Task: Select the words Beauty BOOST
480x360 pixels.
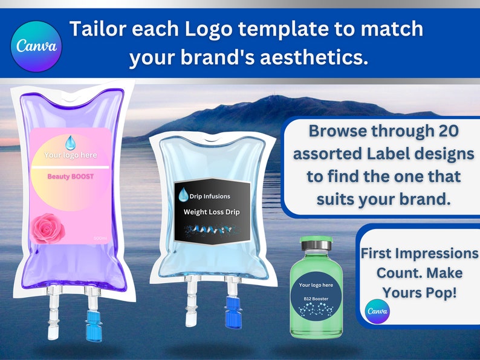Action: coord(71,177)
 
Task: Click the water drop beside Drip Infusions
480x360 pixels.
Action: coord(183,194)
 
